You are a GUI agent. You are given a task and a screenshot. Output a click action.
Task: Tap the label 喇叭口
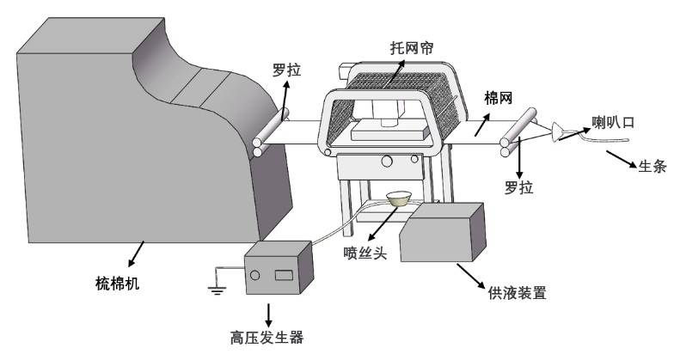tap(612, 123)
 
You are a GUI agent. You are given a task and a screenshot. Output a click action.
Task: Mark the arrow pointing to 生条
tap(621, 157)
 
